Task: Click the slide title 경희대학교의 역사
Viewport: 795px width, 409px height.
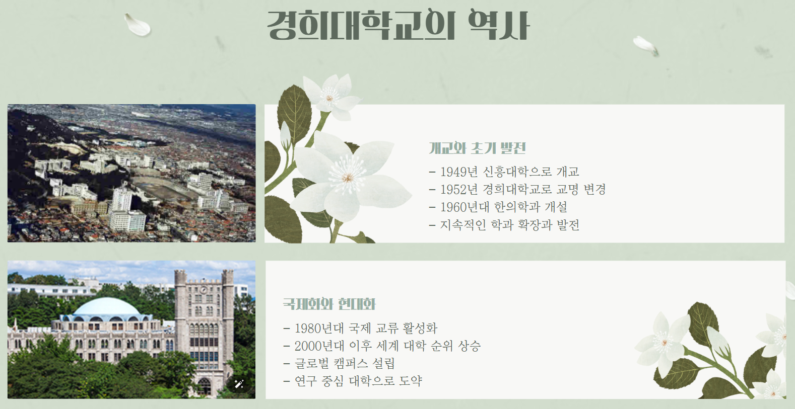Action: pos(398,25)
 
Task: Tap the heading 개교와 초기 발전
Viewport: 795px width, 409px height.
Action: pos(477,148)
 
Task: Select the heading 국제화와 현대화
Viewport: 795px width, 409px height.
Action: pos(329,304)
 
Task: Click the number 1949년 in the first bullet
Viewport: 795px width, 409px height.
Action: pos(458,172)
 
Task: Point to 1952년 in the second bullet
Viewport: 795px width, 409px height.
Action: pos(458,190)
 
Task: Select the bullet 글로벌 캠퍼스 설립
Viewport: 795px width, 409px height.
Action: pos(345,364)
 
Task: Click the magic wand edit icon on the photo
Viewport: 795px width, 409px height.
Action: pos(239,384)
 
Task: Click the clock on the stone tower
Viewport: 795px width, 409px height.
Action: pos(204,290)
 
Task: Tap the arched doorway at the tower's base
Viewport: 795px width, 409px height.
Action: pos(204,387)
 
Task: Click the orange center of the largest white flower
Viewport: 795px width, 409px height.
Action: pos(348,178)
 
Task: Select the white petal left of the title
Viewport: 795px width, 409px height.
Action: pos(138,25)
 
